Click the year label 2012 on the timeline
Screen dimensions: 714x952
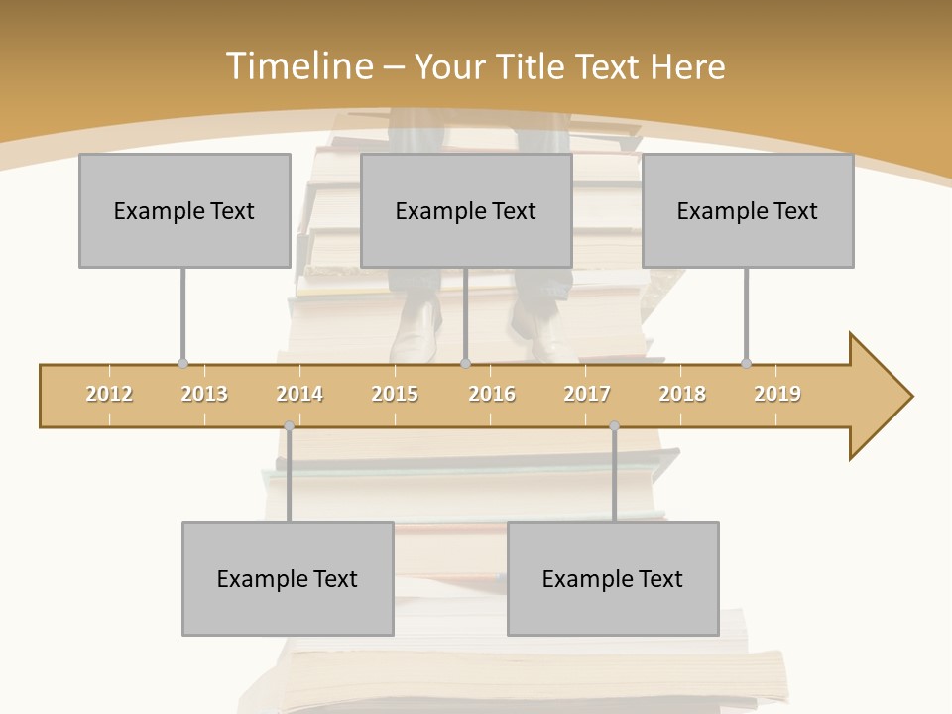109,394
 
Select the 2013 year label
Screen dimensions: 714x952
204,394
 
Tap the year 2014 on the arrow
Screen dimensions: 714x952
299,394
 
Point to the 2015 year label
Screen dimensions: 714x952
395,394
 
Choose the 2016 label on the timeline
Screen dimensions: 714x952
492,394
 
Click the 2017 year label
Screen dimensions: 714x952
587,394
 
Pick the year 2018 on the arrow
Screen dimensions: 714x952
682,394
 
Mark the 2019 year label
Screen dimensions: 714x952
777,394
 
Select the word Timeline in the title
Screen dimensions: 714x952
297,66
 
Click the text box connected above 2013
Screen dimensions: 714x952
184,210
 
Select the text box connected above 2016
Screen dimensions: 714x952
466,210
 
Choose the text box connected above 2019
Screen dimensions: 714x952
748,210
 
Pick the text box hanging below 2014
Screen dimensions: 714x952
288,578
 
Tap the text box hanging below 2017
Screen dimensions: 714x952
613,578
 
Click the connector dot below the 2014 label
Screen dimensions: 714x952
289,426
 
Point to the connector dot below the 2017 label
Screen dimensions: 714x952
614,426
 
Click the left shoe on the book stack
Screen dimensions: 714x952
416,332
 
